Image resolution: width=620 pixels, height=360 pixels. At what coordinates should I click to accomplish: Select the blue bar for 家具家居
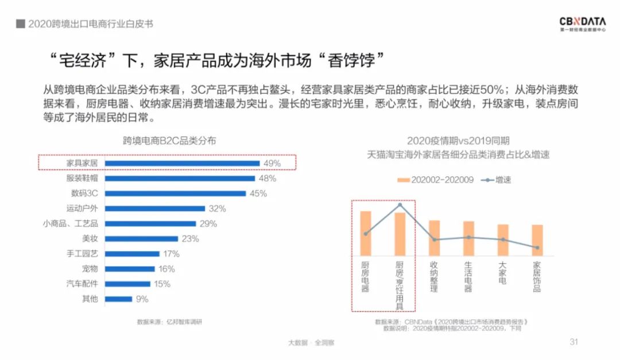click(x=182, y=164)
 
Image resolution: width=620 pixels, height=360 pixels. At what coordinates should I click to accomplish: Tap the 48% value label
click(x=268, y=179)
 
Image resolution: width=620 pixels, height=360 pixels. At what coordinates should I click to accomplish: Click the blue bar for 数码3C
click(x=175, y=193)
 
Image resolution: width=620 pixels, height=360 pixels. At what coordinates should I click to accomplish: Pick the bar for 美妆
click(x=141, y=238)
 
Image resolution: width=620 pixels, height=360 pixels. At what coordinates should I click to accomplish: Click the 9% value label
click(x=142, y=299)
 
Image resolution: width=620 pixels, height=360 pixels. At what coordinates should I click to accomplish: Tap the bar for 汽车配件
click(x=127, y=284)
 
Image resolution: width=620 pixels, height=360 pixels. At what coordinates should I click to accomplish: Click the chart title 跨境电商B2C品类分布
click(x=169, y=141)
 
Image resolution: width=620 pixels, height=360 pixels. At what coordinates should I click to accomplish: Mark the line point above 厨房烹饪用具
click(x=400, y=205)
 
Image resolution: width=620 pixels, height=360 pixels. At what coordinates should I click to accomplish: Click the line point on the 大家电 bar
click(x=503, y=239)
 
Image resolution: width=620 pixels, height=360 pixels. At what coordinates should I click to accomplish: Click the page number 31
click(x=573, y=342)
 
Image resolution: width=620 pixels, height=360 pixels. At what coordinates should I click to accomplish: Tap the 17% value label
click(x=172, y=254)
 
